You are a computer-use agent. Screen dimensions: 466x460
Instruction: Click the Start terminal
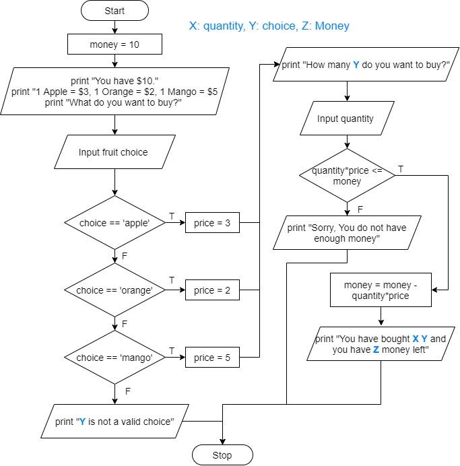[x=115, y=11]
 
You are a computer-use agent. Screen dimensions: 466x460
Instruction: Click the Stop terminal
[x=222, y=455]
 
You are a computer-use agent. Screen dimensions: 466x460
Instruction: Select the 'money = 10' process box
[x=115, y=44]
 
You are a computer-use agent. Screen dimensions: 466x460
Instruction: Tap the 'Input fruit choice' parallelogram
[x=113, y=152]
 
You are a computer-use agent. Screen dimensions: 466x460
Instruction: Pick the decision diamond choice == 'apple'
[x=114, y=223]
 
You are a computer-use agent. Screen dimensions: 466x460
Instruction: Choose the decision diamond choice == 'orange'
[x=114, y=290]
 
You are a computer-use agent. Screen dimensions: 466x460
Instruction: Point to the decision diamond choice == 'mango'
[x=114, y=358]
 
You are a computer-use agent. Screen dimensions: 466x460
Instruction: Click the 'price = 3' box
[x=212, y=223]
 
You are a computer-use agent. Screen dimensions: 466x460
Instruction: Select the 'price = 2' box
[x=212, y=290]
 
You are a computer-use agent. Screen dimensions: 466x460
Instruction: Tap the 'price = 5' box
[x=212, y=358]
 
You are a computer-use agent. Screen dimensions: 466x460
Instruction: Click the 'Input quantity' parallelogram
[x=346, y=119]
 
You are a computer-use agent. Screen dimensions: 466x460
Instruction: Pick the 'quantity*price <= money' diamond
[x=346, y=176]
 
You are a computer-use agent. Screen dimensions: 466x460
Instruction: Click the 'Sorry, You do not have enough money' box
[x=346, y=233]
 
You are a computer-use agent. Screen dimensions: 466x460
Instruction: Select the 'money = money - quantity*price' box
[x=381, y=290]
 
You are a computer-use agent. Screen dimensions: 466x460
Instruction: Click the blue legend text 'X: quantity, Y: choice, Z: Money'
[x=269, y=26]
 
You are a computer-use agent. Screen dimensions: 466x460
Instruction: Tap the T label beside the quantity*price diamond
[x=401, y=169]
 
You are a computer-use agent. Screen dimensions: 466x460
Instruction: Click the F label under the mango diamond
[x=128, y=390]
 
